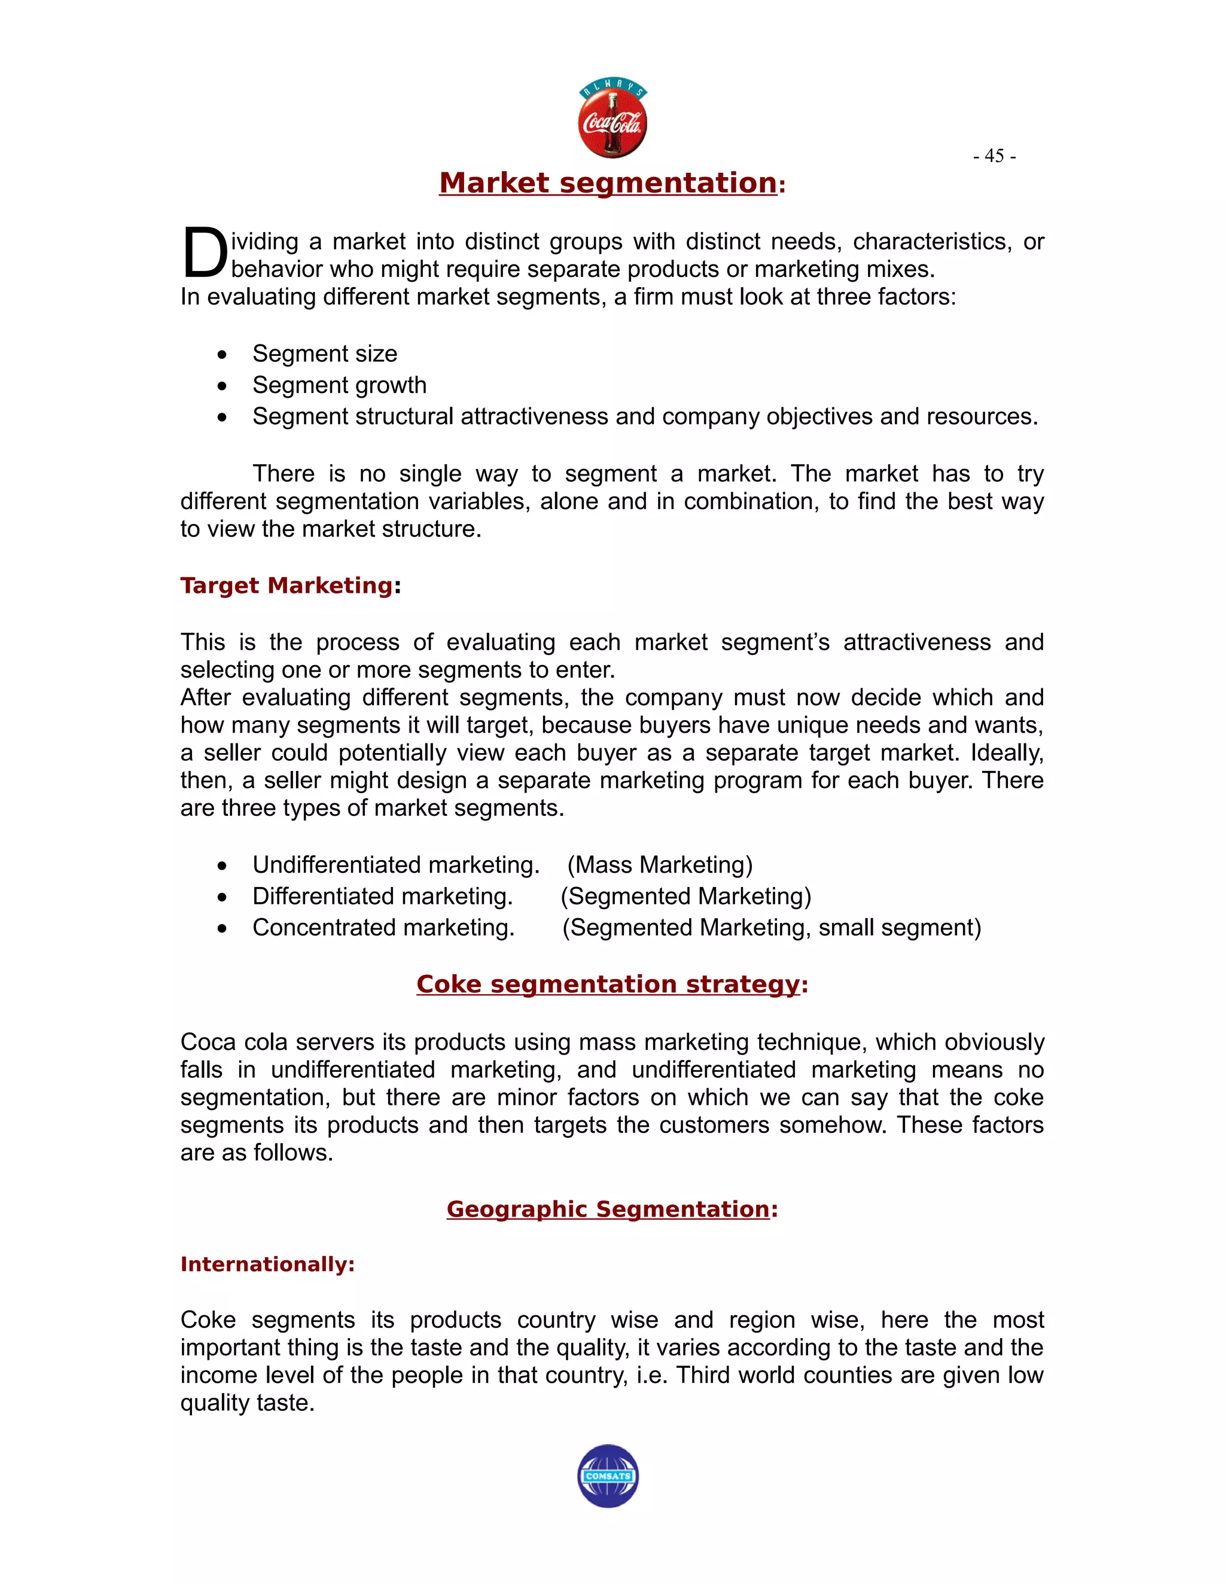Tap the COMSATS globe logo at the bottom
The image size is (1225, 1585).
pyautogui.click(x=608, y=1476)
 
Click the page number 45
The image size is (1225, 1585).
pyautogui.click(x=994, y=156)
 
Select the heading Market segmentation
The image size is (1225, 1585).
pyautogui.click(x=608, y=183)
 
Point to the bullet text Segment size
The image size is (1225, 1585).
pyautogui.click(x=324, y=354)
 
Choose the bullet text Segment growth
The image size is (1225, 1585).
pyautogui.click(x=339, y=385)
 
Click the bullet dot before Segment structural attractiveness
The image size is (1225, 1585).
pyautogui.click(x=222, y=418)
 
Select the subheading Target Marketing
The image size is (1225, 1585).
pyautogui.click(x=287, y=586)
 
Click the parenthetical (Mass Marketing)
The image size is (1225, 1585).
pyautogui.click(x=660, y=865)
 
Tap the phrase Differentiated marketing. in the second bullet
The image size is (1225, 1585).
pyautogui.click(x=382, y=897)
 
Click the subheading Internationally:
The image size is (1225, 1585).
pyautogui.click(x=267, y=1264)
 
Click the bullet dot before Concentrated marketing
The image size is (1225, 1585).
pyautogui.click(x=222, y=929)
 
